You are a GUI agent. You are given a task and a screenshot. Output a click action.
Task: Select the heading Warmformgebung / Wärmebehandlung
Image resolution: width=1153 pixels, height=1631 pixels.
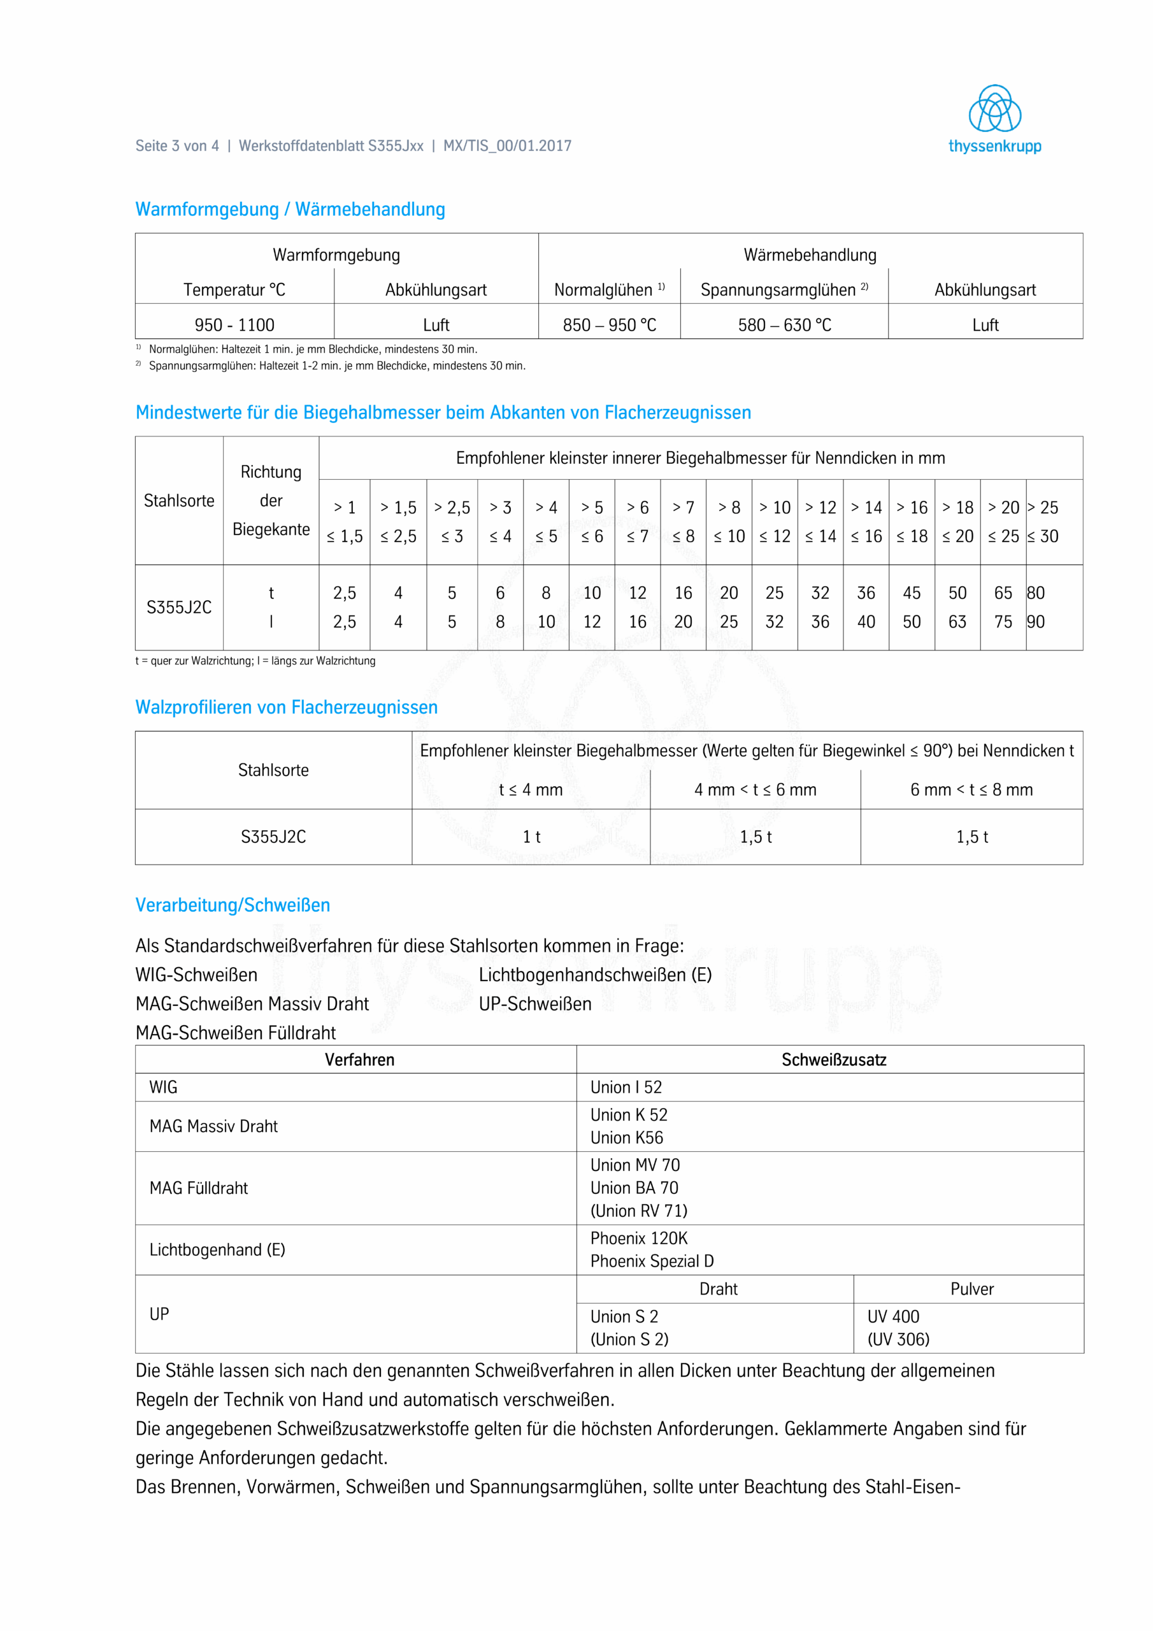[290, 210]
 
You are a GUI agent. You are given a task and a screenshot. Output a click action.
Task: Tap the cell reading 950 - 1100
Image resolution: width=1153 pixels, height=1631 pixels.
[234, 325]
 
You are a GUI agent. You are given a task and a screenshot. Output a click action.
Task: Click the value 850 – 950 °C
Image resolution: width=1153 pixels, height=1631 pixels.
[610, 325]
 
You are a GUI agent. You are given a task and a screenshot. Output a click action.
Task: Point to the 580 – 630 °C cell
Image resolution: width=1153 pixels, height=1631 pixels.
[784, 325]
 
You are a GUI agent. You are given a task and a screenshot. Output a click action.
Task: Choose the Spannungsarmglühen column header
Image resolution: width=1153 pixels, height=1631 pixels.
[784, 290]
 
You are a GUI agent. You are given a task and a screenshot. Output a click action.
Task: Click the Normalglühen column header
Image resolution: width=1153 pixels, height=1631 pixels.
[609, 290]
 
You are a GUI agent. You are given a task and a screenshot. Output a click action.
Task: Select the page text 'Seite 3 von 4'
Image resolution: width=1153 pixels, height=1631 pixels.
[177, 146]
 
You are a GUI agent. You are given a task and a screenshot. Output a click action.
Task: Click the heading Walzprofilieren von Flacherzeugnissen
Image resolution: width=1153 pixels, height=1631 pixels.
[286, 708]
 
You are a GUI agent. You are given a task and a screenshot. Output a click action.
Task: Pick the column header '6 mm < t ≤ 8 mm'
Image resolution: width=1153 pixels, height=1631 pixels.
[971, 789]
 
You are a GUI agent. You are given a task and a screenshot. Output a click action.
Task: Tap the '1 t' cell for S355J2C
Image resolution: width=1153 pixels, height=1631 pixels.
[531, 837]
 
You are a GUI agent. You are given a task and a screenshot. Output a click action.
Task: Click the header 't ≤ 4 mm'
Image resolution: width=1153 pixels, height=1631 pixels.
[531, 789]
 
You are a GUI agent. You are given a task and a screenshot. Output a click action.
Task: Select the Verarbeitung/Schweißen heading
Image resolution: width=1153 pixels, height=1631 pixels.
[233, 905]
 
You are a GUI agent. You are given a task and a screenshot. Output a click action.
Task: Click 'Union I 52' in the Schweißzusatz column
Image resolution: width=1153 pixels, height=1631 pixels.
[626, 1087]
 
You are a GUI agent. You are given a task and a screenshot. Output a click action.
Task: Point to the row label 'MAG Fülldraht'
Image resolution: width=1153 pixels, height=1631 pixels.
[198, 1188]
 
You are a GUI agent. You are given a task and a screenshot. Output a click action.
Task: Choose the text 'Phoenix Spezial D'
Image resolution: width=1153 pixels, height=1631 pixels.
[652, 1261]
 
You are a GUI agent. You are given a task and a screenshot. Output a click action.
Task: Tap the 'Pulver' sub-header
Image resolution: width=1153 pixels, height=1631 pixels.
[971, 1289]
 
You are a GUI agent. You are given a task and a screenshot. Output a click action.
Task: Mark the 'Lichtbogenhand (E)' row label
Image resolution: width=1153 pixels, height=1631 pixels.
[217, 1249]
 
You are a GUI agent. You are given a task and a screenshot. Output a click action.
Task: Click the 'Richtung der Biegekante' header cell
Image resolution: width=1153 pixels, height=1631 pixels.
[271, 500]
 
